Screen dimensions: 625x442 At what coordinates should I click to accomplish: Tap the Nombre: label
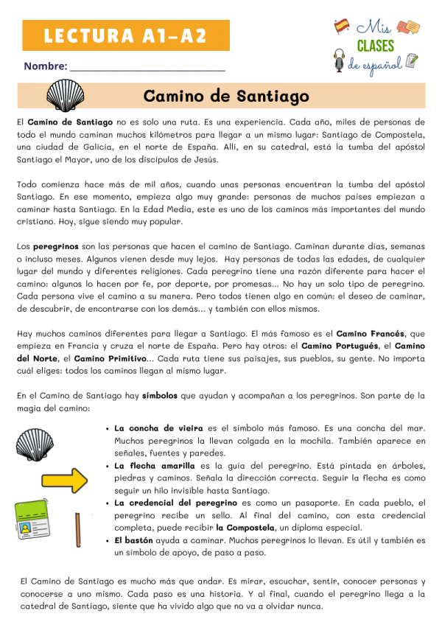(x=46, y=66)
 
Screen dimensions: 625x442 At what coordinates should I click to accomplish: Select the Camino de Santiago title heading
(x=226, y=97)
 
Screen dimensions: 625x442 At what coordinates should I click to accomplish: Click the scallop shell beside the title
(x=66, y=96)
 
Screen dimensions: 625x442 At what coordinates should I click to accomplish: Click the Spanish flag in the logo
(x=342, y=27)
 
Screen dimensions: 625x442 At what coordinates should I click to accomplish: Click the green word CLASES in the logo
(x=376, y=46)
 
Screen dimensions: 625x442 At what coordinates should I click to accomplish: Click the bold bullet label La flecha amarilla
(x=155, y=466)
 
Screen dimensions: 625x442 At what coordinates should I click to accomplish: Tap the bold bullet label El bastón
(x=134, y=540)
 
